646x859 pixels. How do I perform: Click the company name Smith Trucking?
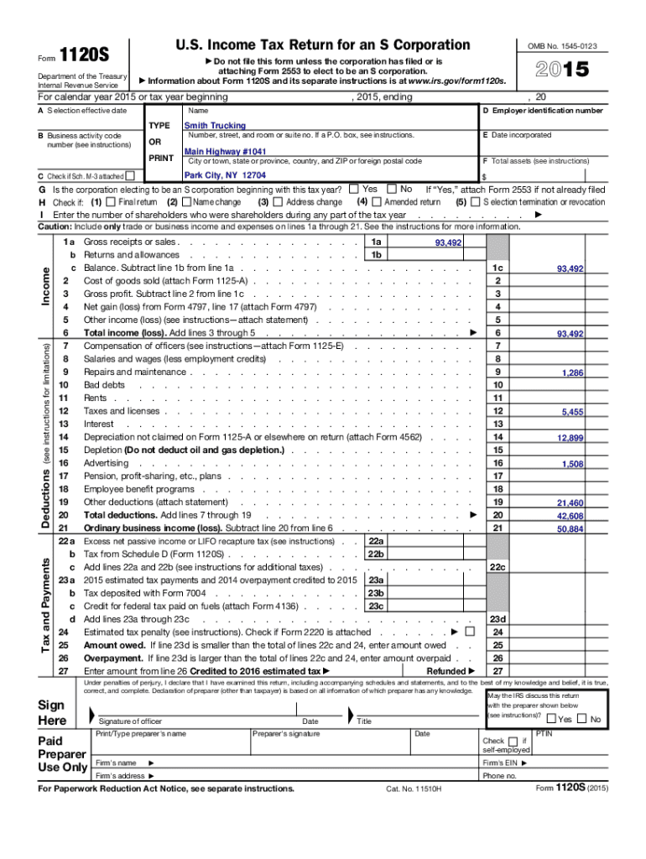tap(215, 126)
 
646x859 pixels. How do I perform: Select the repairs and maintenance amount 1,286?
tap(573, 372)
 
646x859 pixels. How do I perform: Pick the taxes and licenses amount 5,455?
tap(573, 412)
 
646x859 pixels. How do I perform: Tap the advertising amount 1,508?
tap(573, 464)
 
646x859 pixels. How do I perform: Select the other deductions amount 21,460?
tap(570, 503)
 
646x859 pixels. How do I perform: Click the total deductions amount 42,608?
tap(570, 516)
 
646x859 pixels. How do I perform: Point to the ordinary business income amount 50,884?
tap(570, 529)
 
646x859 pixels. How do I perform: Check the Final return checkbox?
tap(112, 202)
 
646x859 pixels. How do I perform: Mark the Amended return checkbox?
tap(377, 202)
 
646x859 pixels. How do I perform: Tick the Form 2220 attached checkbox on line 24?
tap(469, 632)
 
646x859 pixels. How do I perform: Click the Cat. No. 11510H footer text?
tap(414, 789)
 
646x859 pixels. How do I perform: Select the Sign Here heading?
tap(53, 713)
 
